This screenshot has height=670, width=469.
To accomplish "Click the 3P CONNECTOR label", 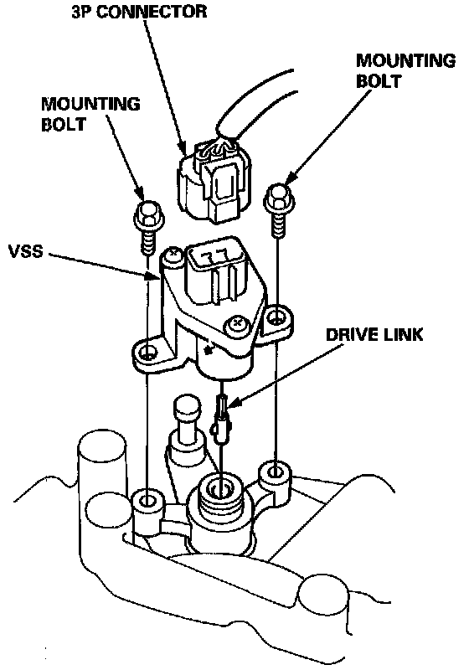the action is pyautogui.click(x=139, y=11).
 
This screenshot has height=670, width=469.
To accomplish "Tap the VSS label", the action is pyautogui.click(x=26, y=251).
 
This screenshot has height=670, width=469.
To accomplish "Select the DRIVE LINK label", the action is pyautogui.click(x=374, y=334).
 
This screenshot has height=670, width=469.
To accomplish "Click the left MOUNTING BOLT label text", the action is pyautogui.click(x=90, y=114).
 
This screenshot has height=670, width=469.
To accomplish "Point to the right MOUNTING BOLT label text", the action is pyautogui.click(x=406, y=70).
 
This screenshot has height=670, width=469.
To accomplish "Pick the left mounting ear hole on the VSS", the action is pyautogui.click(x=147, y=353).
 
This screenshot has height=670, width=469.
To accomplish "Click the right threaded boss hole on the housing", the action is pyautogui.click(x=276, y=472).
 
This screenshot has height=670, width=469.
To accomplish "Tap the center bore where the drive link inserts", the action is pyautogui.click(x=220, y=487).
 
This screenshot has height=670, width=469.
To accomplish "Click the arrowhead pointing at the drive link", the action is pyautogui.click(x=234, y=402).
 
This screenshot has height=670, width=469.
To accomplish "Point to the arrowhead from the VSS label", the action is pyautogui.click(x=152, y=276).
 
